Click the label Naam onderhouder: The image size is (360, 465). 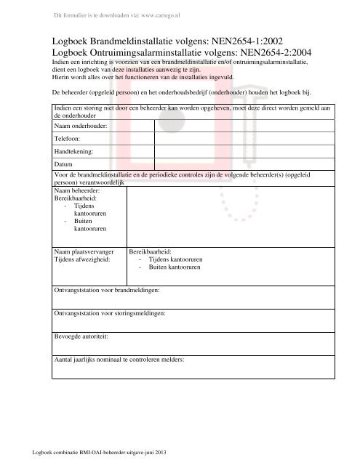81,126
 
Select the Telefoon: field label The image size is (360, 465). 68,138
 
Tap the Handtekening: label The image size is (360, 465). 74,151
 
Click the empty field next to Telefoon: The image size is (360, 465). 244,138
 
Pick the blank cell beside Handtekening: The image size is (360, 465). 244,151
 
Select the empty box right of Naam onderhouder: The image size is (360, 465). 244,126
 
